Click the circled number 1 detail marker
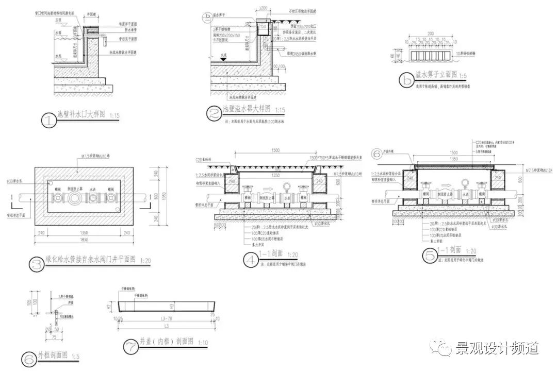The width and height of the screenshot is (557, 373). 48,121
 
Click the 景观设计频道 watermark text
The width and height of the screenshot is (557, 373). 497,349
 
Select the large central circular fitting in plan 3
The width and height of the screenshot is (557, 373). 75,197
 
